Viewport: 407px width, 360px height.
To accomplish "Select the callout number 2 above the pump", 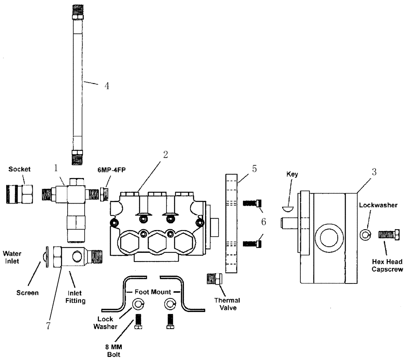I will coord(165,155).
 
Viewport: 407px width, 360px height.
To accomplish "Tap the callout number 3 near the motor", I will coord(374,172).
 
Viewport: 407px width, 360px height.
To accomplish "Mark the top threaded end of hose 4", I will coord(77,8).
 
